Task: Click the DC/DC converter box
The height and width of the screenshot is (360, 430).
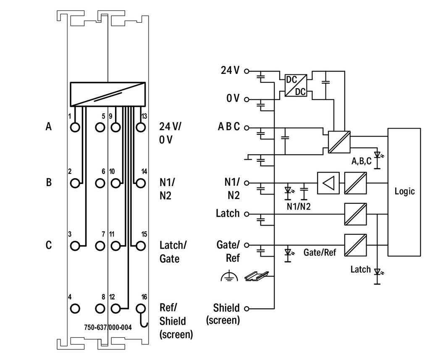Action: point(296,85)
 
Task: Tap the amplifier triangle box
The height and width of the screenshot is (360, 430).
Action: point(328,183)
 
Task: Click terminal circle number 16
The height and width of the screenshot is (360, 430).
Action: point(140,309)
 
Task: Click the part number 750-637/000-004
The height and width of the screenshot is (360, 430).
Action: point(108,327)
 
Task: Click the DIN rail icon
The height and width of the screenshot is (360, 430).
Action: point(257,276)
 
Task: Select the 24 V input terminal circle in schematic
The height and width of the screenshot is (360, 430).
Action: point(246,71)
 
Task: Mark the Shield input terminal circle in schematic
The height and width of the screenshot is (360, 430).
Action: point(246,309)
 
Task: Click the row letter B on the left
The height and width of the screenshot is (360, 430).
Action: point(49,182)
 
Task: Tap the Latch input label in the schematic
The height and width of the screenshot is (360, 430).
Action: point(228,213)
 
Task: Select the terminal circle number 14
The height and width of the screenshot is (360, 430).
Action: point(141,183)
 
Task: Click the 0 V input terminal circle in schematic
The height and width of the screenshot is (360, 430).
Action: point(246,99)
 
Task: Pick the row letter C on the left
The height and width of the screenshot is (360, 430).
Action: point(49,245)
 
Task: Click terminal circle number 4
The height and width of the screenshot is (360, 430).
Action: point(75,309)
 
